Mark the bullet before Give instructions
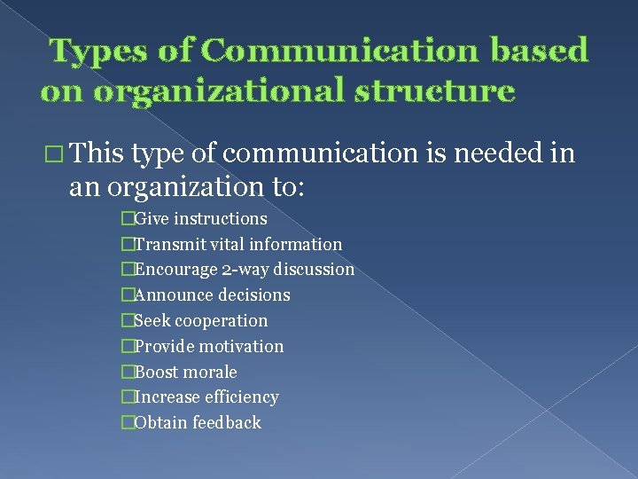tap(128, 218)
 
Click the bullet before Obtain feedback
tap(128, 423)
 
